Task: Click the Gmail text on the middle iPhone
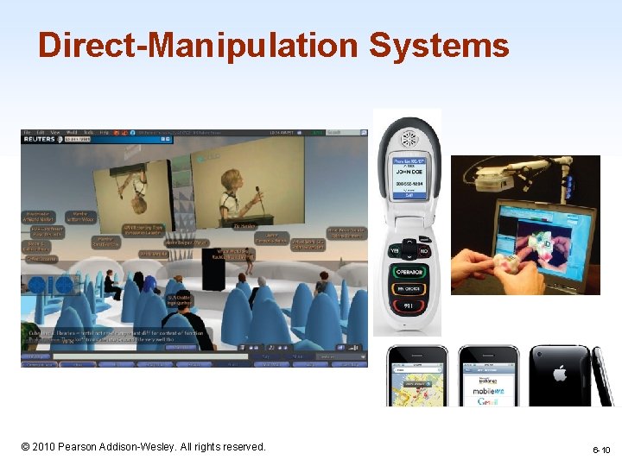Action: coord(488,401)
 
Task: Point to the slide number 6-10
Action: coord(601,450)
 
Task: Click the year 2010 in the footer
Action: coord(47,446)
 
